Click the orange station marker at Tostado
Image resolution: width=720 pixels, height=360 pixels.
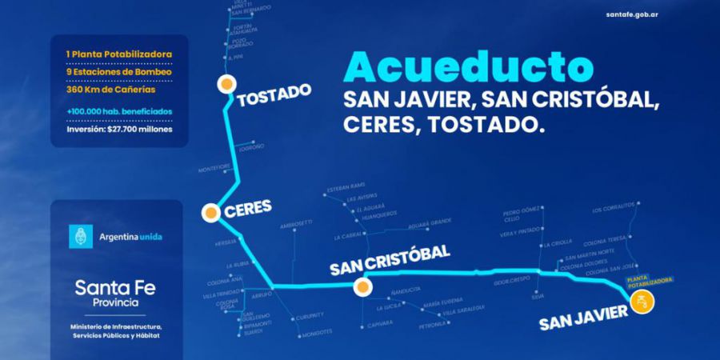coord(227,82)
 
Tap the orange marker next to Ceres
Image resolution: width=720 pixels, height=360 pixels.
coord(210,212)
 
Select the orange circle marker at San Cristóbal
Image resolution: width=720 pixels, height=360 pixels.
coord(362,286)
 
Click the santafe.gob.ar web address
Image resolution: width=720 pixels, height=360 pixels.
coord(666,14)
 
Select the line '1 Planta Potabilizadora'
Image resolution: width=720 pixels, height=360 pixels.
coord(118,54)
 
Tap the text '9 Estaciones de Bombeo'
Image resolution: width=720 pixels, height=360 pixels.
coord(118,72)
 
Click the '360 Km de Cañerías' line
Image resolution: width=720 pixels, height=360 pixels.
coord(112,90)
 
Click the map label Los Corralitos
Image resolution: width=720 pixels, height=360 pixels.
coord(612,211)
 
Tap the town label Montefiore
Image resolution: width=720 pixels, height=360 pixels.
coord(214,167)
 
